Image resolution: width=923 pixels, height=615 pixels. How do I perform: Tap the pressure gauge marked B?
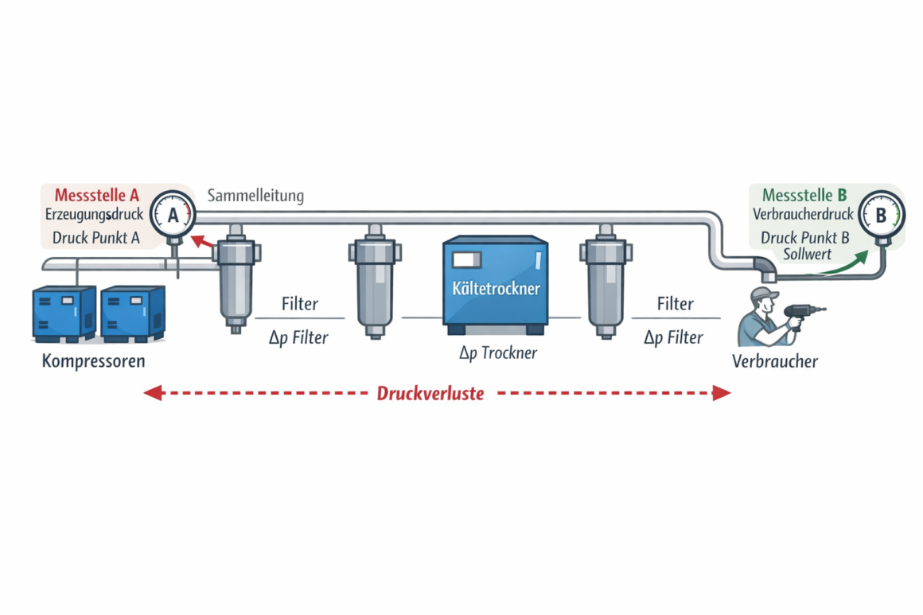click(x=882, y=214)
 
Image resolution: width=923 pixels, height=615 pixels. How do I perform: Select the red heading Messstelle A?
click(x=97, y=195)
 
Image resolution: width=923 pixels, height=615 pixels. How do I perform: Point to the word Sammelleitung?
click(x=255, y=195)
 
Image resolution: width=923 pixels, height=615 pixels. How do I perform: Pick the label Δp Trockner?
click(x=498, y=352)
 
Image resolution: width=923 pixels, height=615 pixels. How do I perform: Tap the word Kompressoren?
click(x=94, y=361)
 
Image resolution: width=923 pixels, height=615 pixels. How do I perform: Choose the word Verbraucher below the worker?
click(x=774, y=361)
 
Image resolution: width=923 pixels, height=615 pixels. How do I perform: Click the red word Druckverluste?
click(x=430, y=393)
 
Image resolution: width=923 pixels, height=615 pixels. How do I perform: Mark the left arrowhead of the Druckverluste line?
click(x=151, y=392)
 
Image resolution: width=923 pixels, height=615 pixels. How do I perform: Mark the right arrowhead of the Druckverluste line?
click(x=722, y=392)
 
